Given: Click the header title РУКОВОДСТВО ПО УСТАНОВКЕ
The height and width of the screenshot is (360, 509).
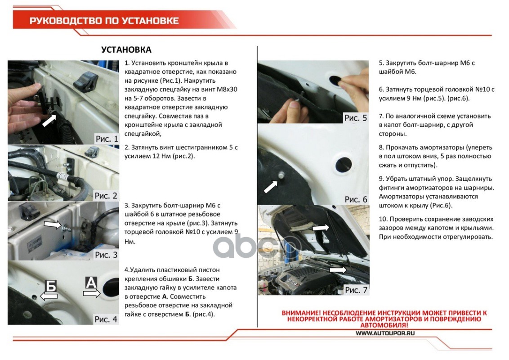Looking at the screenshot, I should (104, 21).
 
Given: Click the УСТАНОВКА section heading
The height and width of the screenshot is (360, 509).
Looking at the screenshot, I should (126, 49).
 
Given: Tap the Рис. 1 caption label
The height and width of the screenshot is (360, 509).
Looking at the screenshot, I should (106, 139).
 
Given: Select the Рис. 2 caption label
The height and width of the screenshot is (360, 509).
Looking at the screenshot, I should (106, 196).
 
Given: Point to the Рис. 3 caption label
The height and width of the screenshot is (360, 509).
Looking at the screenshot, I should (106, 255).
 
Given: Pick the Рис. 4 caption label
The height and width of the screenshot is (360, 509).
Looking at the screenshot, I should (106, 319).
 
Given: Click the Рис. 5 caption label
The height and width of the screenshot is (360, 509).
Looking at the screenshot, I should (356, 118).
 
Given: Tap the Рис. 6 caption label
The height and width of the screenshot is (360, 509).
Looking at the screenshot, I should (356, 199).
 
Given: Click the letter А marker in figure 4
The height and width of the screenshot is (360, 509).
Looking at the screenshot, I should (91, 283).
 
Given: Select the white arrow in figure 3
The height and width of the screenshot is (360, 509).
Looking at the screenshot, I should (52, 224).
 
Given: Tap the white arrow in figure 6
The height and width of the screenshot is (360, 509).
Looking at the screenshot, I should (271, 185).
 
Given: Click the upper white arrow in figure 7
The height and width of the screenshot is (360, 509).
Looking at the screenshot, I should (321, 229).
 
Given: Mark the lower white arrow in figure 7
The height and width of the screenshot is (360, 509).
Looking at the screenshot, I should (338, 270).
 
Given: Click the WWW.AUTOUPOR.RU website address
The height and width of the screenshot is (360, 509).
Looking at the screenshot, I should (385, 333).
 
